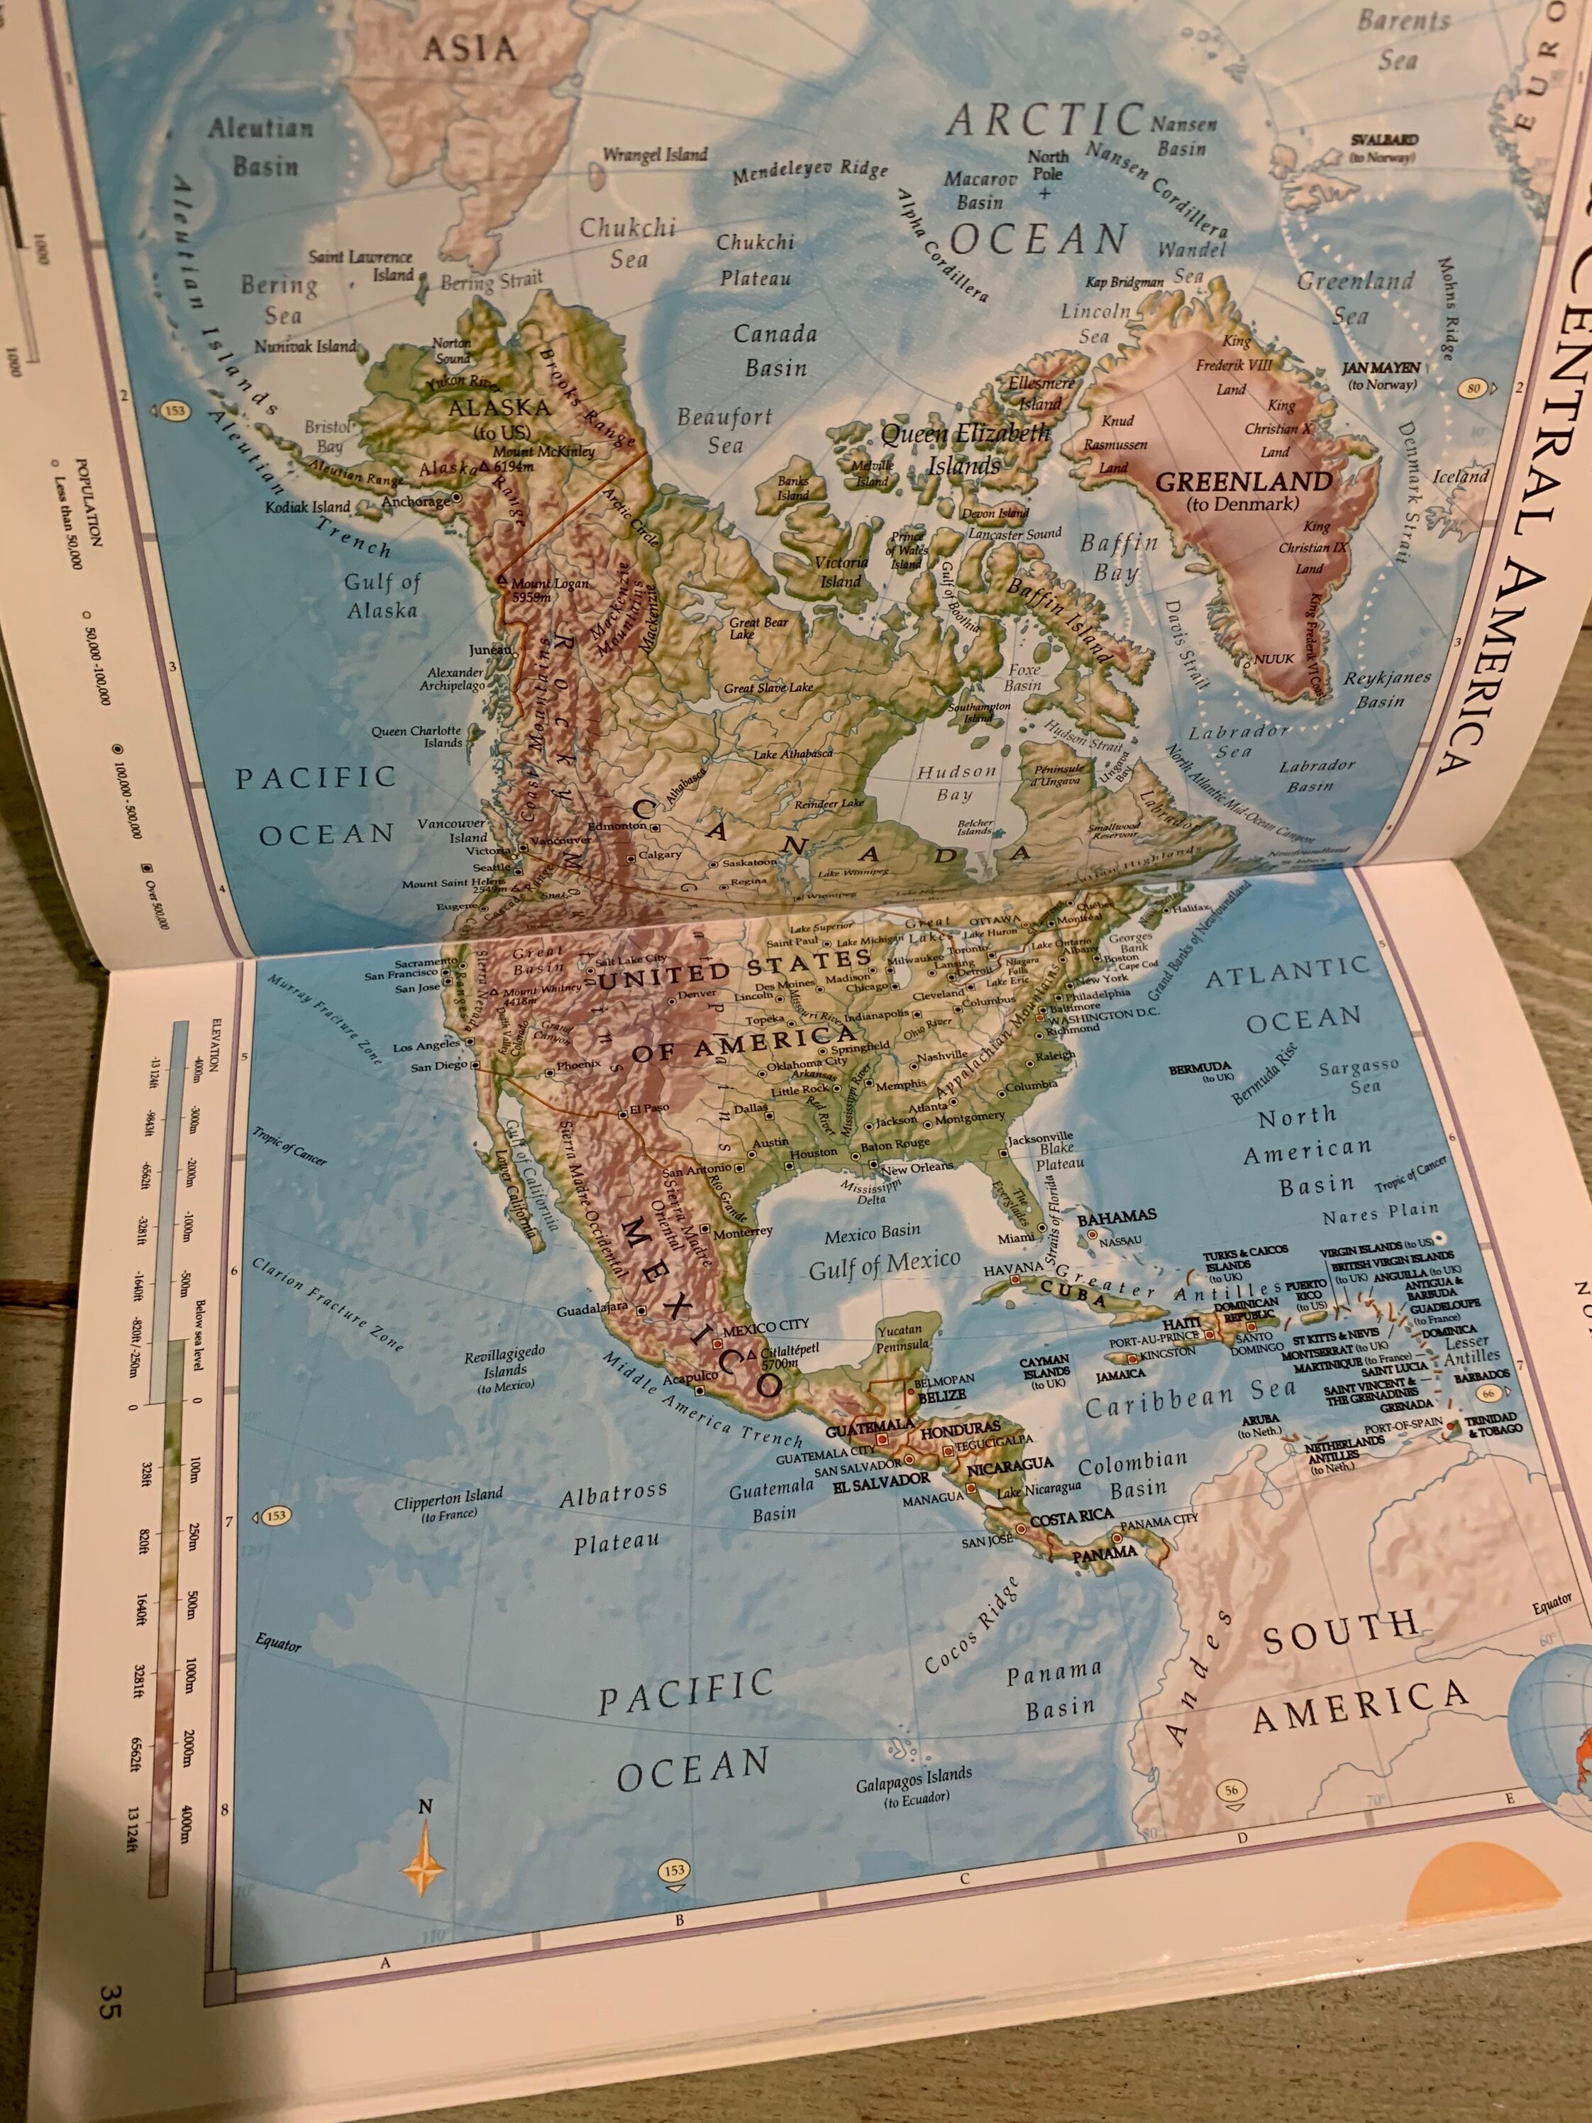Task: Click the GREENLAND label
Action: click(x=1243, y=482)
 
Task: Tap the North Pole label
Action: click(x=1047, y=165)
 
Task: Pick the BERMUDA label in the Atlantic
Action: click(x=1200, y=1067)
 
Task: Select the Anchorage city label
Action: click(x=414, y=501)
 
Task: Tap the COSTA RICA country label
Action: click(x=1071, y=1517)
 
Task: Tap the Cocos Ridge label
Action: click(x=971, y=1626)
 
